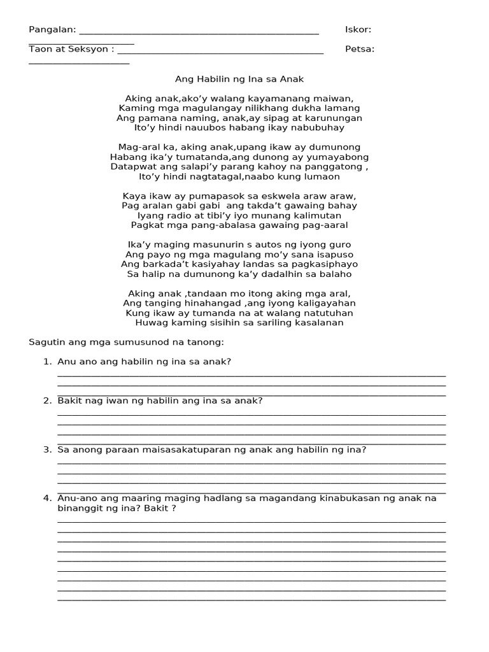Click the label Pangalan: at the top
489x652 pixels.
52,29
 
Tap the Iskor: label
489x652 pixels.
358,29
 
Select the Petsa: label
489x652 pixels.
360,49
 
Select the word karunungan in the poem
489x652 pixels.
334,118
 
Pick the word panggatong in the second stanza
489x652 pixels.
334,167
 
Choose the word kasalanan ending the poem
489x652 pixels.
313,322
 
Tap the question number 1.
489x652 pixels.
46,362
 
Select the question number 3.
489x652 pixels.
46,450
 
